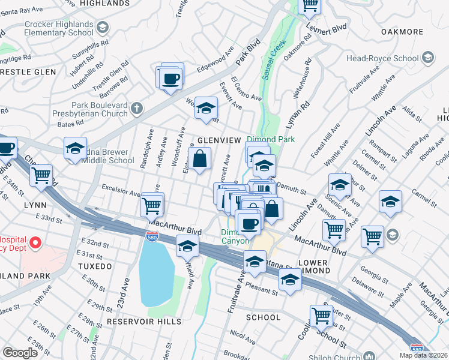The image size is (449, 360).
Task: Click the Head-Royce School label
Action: pyautogui.click(x=382, y=58)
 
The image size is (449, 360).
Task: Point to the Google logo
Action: pyautogui.click(x=20, y=353)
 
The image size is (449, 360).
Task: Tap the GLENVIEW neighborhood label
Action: pyautogui.click(x=218, y=140)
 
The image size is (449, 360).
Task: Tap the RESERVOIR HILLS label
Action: pyautogui.click(x=143, y=322)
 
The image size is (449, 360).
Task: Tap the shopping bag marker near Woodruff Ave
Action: pyautogui.click(x=200, y=160)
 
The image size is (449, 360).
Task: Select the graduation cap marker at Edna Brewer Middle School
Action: pyautogui.click(x=75, y=148)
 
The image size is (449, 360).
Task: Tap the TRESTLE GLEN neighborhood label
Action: pyautogui.click(x=28, y=72)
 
